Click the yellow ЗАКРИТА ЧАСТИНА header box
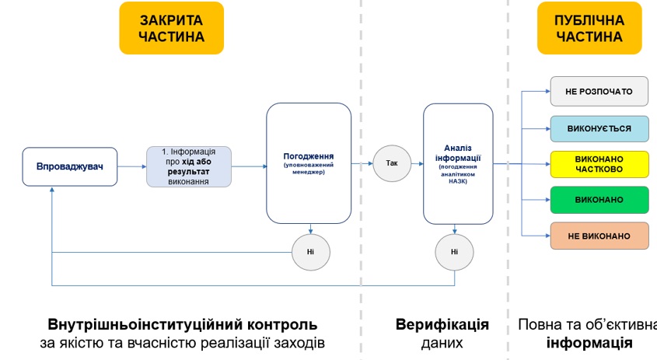pyautogui.click(x=172, y=27)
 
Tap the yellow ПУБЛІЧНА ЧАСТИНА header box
pyautogui.click(x=589, y=27)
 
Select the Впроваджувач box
pyautogui.click(x=70, y=166)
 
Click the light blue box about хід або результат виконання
pyautogui.click(x=189, y=166)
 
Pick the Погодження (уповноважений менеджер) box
pyautogui.click(x=309, y=163)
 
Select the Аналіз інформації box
pyautogui.click(x=458, y=163)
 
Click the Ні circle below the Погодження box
pyautogui.click(x=311, y=251)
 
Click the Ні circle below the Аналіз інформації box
pyautogui.click(x=454, y=251)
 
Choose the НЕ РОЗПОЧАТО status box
pyautogui.click(x=599, y=92)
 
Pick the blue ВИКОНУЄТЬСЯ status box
pyautogui.click(x=599, y=128)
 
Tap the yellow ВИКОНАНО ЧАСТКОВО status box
pyautogui.click(x=599, y=163)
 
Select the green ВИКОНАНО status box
pyautogui.click(x=599, y=199)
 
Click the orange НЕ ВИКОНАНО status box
pyautogui.click(x=599, y=235)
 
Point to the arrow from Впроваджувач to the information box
pyautogui.click(x=132, y=166)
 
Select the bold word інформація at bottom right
pyautogui.click(x=589, y=342)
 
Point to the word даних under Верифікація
pyautogui.click(x=442, y=342)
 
